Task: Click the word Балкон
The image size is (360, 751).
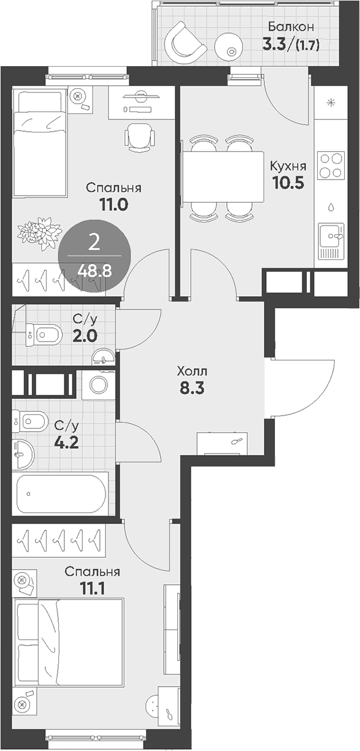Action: tap(291, 26)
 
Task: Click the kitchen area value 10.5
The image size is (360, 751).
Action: tap(288, 183)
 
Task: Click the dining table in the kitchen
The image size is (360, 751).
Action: tap(223, 177)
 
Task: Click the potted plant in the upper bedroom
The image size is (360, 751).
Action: tap(40, 233)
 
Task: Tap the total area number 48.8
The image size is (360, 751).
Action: tap(94, 270)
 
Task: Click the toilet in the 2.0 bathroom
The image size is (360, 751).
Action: tap(44, 334)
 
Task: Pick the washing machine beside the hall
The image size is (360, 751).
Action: tap(99, 384)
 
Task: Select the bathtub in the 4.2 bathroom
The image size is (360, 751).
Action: tap(61, 493)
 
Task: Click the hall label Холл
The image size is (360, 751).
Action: tap(192, 371)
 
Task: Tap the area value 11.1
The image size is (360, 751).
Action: tap(92, 588)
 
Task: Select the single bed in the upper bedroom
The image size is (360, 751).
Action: tap(40, 142)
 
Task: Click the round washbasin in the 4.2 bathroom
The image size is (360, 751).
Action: tap(23, 453)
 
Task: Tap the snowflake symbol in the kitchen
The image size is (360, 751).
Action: tap(331, 103)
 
